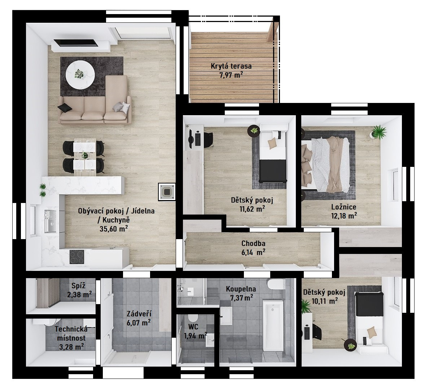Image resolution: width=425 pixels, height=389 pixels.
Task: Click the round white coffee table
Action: (x=80, y=75)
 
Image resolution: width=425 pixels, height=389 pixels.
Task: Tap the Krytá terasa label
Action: (x=231, y=66)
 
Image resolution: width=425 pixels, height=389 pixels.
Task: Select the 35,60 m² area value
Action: (x=114, y=228)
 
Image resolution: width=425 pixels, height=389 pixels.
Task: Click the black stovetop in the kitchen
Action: (x=77, y=256)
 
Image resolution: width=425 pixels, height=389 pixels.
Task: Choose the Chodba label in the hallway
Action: (x=253, y=243)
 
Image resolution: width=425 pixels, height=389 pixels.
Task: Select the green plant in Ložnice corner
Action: (x=379, y=133)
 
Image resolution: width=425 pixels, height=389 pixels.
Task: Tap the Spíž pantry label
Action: (x=79, y=286)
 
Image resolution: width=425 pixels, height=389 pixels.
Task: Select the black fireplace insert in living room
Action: (x=75, y=43)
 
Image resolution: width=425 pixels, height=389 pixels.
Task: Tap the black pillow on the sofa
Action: (x=65, y=108)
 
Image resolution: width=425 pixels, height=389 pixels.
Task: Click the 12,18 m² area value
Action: (x=344, y=216)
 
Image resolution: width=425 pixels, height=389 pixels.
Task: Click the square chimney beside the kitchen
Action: (x=167, y=192)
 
